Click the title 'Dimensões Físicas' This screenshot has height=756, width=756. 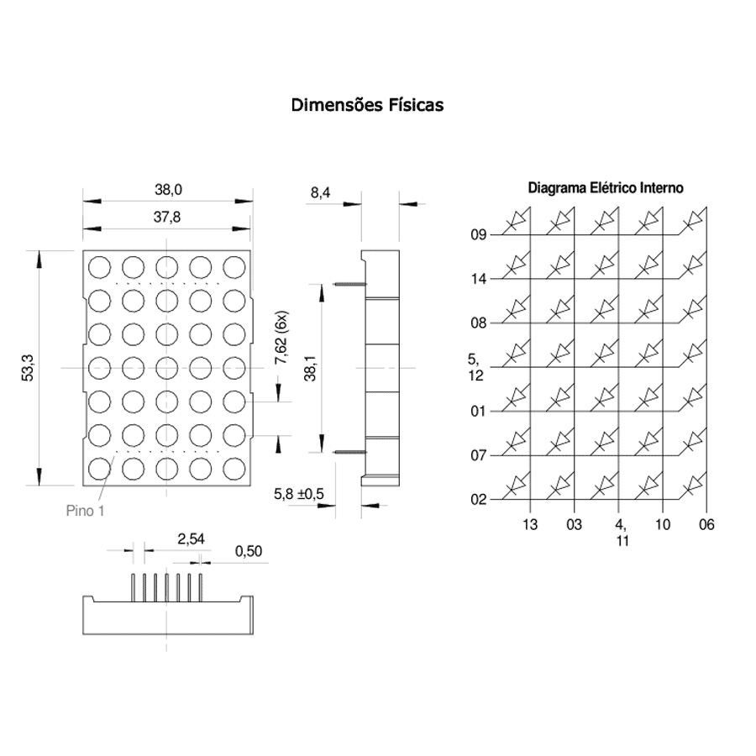point(367,105)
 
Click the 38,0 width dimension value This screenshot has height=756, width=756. point(168,190)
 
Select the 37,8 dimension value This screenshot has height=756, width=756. point(167,218)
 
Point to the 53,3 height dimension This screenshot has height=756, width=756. point(28,368)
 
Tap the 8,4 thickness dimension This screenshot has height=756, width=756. point(320,193)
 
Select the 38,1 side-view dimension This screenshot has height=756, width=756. point(310,369)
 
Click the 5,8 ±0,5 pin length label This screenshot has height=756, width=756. point(299,494)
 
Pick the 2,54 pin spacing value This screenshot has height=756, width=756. point(191,539)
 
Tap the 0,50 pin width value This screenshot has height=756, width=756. point(249,551)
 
